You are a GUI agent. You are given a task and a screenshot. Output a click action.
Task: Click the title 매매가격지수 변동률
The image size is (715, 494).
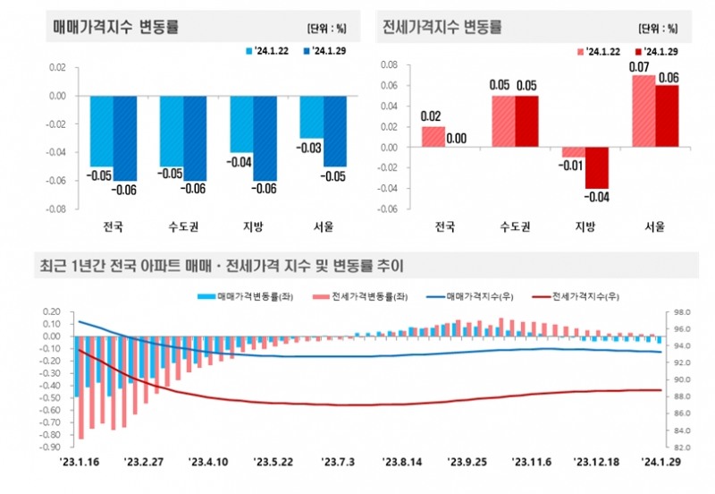116,27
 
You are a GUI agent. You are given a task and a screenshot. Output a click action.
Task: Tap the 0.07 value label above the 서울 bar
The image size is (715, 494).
640,67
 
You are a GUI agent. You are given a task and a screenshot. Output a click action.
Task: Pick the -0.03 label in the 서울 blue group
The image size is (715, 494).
310,148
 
